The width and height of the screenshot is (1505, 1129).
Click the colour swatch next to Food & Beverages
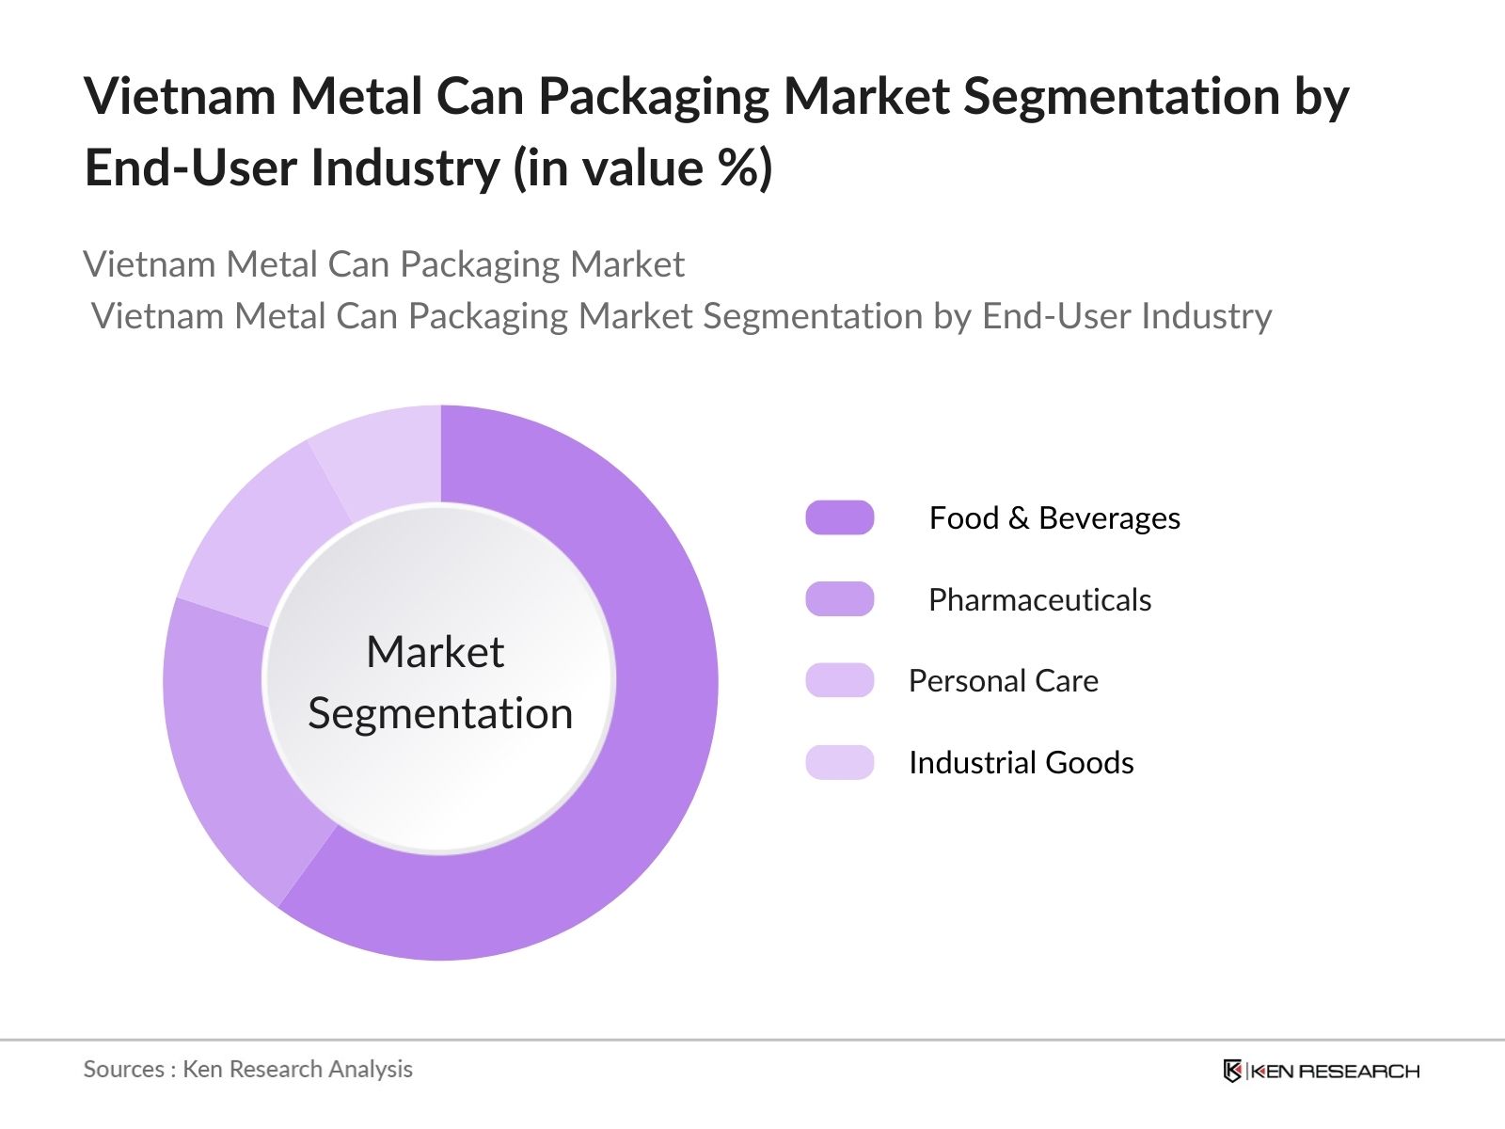click(839, 517)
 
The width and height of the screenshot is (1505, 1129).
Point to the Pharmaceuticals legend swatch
click(839, 599)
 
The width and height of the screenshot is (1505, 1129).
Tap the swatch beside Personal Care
click(839, 680)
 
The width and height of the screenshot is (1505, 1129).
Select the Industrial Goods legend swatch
click(839, 762)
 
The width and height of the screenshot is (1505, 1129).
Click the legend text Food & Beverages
click(1053, 518)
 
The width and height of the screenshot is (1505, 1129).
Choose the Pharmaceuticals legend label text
click(1039, 600)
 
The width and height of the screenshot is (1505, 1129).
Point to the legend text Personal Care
click(1003, 681)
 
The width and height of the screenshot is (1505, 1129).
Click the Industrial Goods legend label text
click(1021, 763)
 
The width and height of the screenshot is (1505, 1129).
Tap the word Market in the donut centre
click(435, 652)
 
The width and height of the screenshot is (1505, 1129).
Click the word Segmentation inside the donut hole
click(440, 713)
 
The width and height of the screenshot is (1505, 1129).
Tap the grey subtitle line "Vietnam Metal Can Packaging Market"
click(384, 264)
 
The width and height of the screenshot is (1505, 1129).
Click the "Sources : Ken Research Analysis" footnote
click(248, 1069)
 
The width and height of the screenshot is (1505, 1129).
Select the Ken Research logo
click(1321, 1071)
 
